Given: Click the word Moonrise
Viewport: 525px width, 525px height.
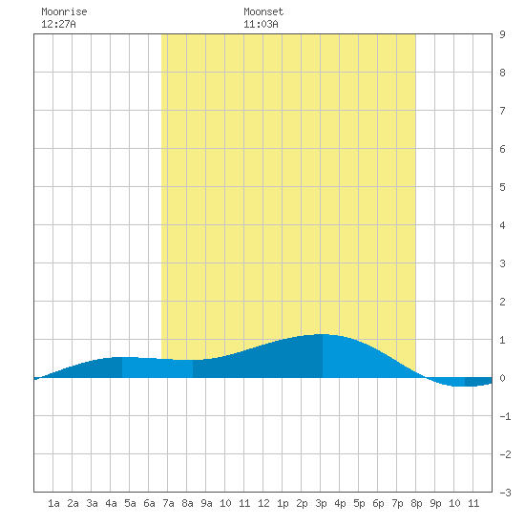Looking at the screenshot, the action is [x=64, y=11].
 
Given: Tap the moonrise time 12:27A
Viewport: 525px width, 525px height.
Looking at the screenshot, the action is [x=58, y=24].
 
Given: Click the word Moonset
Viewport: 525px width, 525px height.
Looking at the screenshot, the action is [x=263, y=11].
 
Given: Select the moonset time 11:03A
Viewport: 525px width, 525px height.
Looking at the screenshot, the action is [x=261, y=24].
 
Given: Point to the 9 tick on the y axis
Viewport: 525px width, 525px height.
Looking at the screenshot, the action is [x=502, y=34].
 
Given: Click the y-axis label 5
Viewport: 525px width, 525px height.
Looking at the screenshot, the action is [x=502, y=187].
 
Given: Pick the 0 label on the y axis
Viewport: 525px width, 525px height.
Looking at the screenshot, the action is [x=502, y=378].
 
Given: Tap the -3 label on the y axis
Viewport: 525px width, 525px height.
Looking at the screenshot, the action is [x=505, y=493].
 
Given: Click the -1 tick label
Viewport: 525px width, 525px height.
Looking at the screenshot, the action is [x=505, y=416].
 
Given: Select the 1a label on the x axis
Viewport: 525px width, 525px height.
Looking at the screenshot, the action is [x=53, y=503].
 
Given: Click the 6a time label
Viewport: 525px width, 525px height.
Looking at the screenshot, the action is [x=149, y=503].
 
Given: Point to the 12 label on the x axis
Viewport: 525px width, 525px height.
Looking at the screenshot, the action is [x=263, y=503].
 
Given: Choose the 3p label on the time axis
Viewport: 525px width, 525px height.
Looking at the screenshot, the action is [x=321, y=503].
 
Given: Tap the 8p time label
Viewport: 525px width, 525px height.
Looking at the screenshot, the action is [x=416, y=503].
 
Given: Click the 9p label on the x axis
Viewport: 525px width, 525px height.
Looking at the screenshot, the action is [x=435, y=503].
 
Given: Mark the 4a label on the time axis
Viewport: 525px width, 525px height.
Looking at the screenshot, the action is [x=111, y=503].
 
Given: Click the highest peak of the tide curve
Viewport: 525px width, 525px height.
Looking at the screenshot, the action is [x=322, y=334].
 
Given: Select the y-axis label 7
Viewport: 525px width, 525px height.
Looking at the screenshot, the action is [x=502, y=111].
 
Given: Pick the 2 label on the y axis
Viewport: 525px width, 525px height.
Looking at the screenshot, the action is [x=502, y=302].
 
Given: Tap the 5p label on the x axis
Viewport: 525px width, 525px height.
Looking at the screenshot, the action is [x=359, y=503].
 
